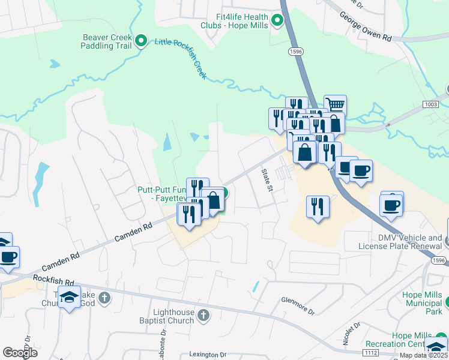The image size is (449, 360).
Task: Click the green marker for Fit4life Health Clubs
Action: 277,21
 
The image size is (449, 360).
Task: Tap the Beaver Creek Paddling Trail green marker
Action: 141,41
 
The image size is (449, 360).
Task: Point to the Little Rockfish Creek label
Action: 181,59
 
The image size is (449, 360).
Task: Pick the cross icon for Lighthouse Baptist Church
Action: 203,314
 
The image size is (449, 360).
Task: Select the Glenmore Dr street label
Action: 298,306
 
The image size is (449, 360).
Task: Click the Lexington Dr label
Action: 208,355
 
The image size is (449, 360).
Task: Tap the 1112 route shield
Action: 370,355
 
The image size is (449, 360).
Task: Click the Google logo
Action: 20,353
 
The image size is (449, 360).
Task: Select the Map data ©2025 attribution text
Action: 423,355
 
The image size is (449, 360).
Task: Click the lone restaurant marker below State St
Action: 318,207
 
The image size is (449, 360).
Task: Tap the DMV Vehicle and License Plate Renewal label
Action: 400,242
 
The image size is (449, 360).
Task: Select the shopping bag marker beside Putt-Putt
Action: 212,201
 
